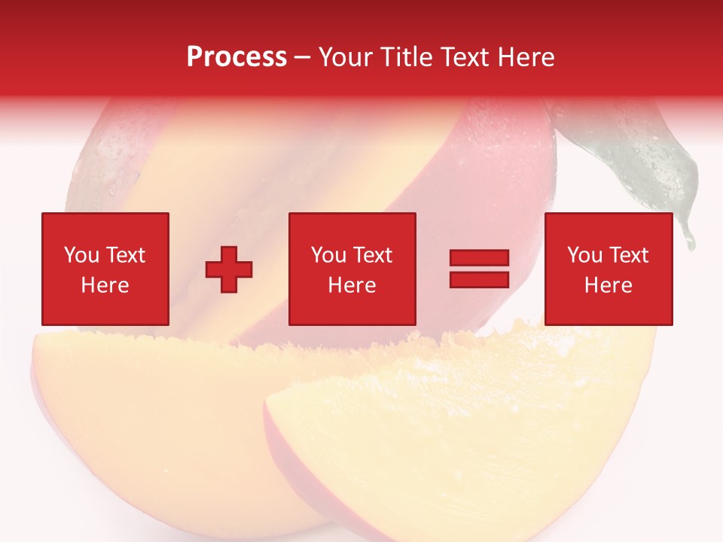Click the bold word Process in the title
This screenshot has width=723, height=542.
coord(236,57)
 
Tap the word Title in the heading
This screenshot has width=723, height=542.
coord(404,57)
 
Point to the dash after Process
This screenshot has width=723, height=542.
coord(302,58)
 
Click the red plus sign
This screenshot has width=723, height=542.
coord(229,269)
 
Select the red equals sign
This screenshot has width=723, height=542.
coord(479,269)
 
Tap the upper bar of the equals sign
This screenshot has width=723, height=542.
coord(479,258)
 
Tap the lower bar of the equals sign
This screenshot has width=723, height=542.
coord(479,279)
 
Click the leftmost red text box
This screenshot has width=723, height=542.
coord(105,269)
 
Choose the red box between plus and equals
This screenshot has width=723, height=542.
coord(352,269)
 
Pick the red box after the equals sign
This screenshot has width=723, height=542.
coord(609,269)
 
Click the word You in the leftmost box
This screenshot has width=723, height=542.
coord(81,255)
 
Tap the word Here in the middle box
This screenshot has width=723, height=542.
coord(352,285)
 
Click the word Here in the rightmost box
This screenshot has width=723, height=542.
coord(609,285)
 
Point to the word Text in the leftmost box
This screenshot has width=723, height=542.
coord(124,255)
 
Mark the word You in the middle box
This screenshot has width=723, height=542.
coord(328,255)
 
